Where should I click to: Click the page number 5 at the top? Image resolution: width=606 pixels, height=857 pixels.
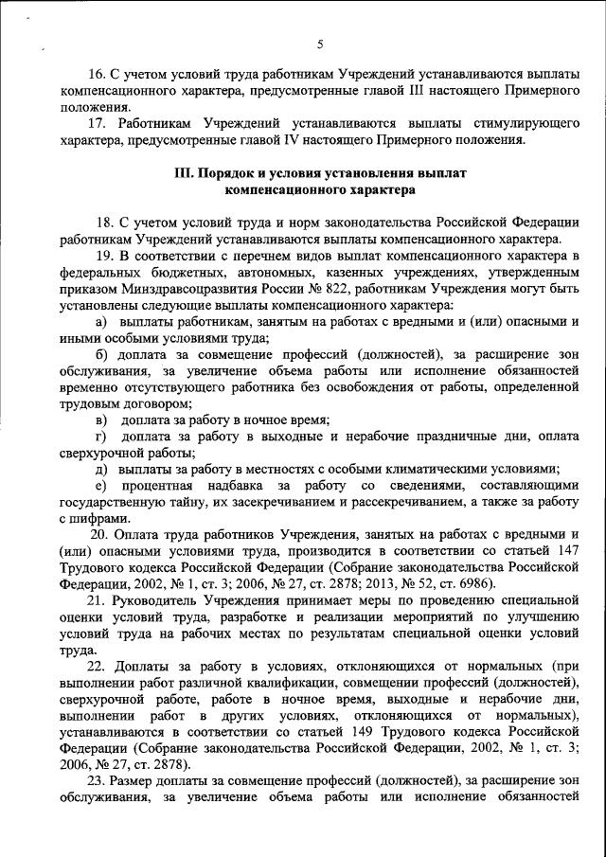[x=320, y=44]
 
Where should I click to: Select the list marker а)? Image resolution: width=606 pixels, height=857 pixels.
[x=101, y=323]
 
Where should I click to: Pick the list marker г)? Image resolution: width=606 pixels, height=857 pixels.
[x=100, y=436]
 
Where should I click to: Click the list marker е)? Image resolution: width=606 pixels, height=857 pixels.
[x=100, y=486]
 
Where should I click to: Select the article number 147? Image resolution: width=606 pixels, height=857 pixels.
[x=565, y=552]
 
